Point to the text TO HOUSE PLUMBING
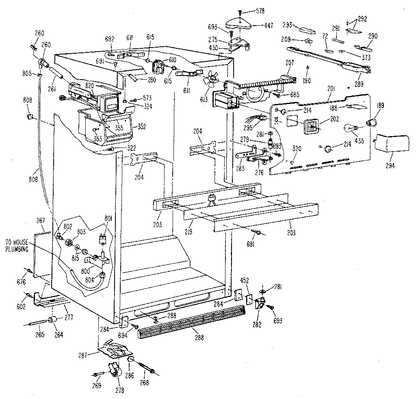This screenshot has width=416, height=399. click(x=17, y=246)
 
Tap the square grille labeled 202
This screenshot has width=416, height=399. click(x=311, y=127)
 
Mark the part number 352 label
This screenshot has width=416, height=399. click(x=142, y=126)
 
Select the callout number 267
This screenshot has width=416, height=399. click(x=40, y=221)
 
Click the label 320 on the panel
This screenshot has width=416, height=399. click(x=297, y=148)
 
